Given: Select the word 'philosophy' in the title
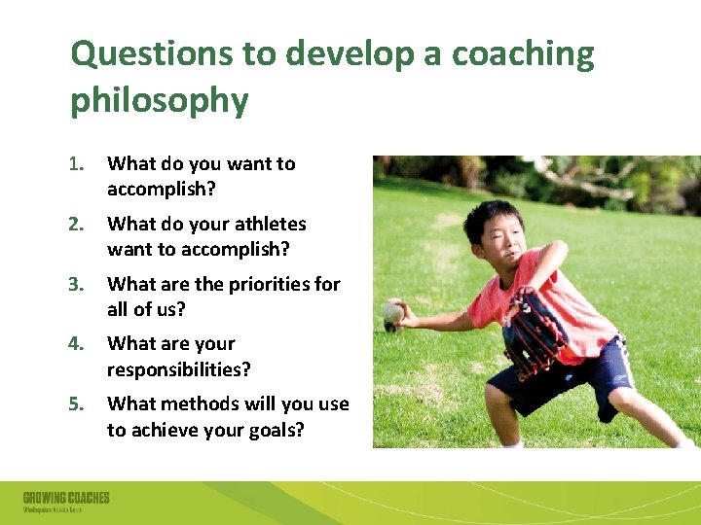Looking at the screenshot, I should pyautogui.click(x=159, y=99).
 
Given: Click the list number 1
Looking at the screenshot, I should pyautogui.click(x=78, y=164).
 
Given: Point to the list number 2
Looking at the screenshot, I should pyautogui.click(x=78, y=225).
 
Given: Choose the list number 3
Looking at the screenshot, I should pyautogui.click(x=78, y=285).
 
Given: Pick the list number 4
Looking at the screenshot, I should pyautogui.click(x=78, y=344).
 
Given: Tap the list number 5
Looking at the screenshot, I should pyautogui.click(x=78, y=403).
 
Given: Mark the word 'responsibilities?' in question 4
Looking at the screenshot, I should pyautogui.click(x=179, y=369).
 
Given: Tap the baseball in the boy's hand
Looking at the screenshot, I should pyautogui.click(x=392, y=312).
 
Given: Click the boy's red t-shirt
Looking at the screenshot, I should pyautogui.click(x=545, y=292).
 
